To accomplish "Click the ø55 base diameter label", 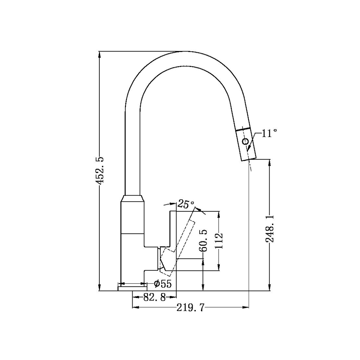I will point(163,284).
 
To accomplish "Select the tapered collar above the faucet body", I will point(133,198).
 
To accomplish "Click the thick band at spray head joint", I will point(243,129).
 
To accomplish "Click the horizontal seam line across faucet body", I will point(133,233).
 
